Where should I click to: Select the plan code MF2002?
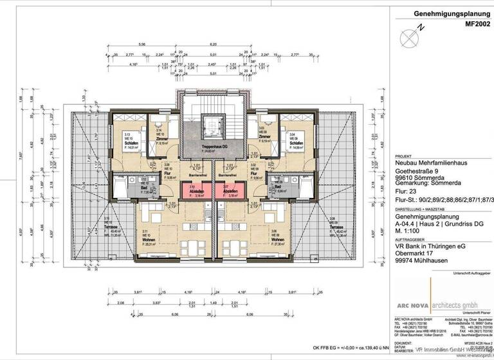pyautogui.click(x=471, y=22)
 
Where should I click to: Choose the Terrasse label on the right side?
pyautogui.click(x=336, y=228)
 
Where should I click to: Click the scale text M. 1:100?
pyautogui.click(x=410, y=232)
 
